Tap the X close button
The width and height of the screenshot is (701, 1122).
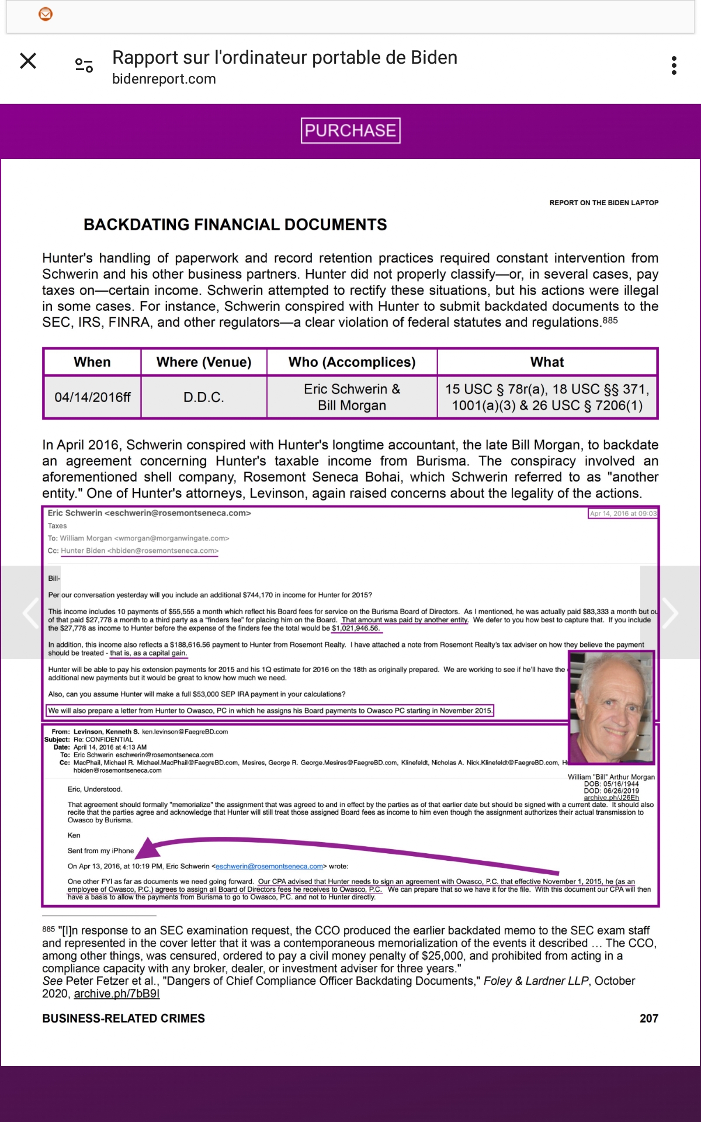point(28,61)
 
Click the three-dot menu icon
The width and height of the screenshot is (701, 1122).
point(674,65)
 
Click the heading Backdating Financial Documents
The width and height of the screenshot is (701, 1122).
point(235,225)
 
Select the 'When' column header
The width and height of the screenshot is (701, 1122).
point(92,362)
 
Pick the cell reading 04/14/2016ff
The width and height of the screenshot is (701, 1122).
point(92,397)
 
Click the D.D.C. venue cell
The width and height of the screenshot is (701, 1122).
point(203,397)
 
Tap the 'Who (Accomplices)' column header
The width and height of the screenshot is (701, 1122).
point(352,362)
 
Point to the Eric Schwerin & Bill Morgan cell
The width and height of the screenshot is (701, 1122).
point(352,397)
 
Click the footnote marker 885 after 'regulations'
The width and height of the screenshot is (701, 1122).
point(610,320)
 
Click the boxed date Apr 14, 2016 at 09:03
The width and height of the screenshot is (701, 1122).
point(623,514)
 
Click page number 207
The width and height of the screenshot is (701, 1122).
point(648,1019)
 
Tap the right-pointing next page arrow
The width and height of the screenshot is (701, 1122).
point(670,612)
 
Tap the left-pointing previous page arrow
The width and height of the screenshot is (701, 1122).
point(30,612)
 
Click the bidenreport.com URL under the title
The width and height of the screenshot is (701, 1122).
point(164,79)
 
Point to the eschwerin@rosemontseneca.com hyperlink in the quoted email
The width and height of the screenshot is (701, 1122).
point(269,866)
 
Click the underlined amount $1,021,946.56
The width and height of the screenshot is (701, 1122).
point(356,628)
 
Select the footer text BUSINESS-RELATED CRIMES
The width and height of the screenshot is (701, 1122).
point(123,1019)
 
